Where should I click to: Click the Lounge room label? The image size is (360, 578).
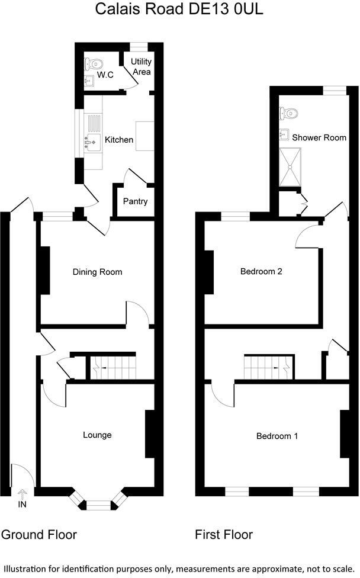[x=97, y=435]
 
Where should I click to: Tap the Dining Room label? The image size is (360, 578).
[x=97, y=272]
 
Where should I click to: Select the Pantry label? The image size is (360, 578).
[x=135, y=201]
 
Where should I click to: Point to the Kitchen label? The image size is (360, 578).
[x=119, y=140]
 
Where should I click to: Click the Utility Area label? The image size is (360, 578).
[x=142, y=67]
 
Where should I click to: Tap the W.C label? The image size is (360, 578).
[x=105, y=75]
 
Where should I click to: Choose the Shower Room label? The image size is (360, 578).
[x=319, y=137]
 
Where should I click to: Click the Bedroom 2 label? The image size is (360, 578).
[x=261, y=272]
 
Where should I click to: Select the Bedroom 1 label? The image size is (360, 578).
[x=277, y=436]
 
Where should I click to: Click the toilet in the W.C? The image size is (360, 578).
[x=96, y=63]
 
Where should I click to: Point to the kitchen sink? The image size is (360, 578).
[x=92, y=142]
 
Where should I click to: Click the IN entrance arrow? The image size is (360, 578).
[x=22, y=493]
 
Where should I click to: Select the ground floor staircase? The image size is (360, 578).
[x=112, y=367]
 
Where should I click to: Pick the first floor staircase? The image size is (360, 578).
[x=268, y=367]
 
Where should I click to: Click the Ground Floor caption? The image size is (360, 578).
[x=39, y=535]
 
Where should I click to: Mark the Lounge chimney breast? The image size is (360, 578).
[x=149, y=434]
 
